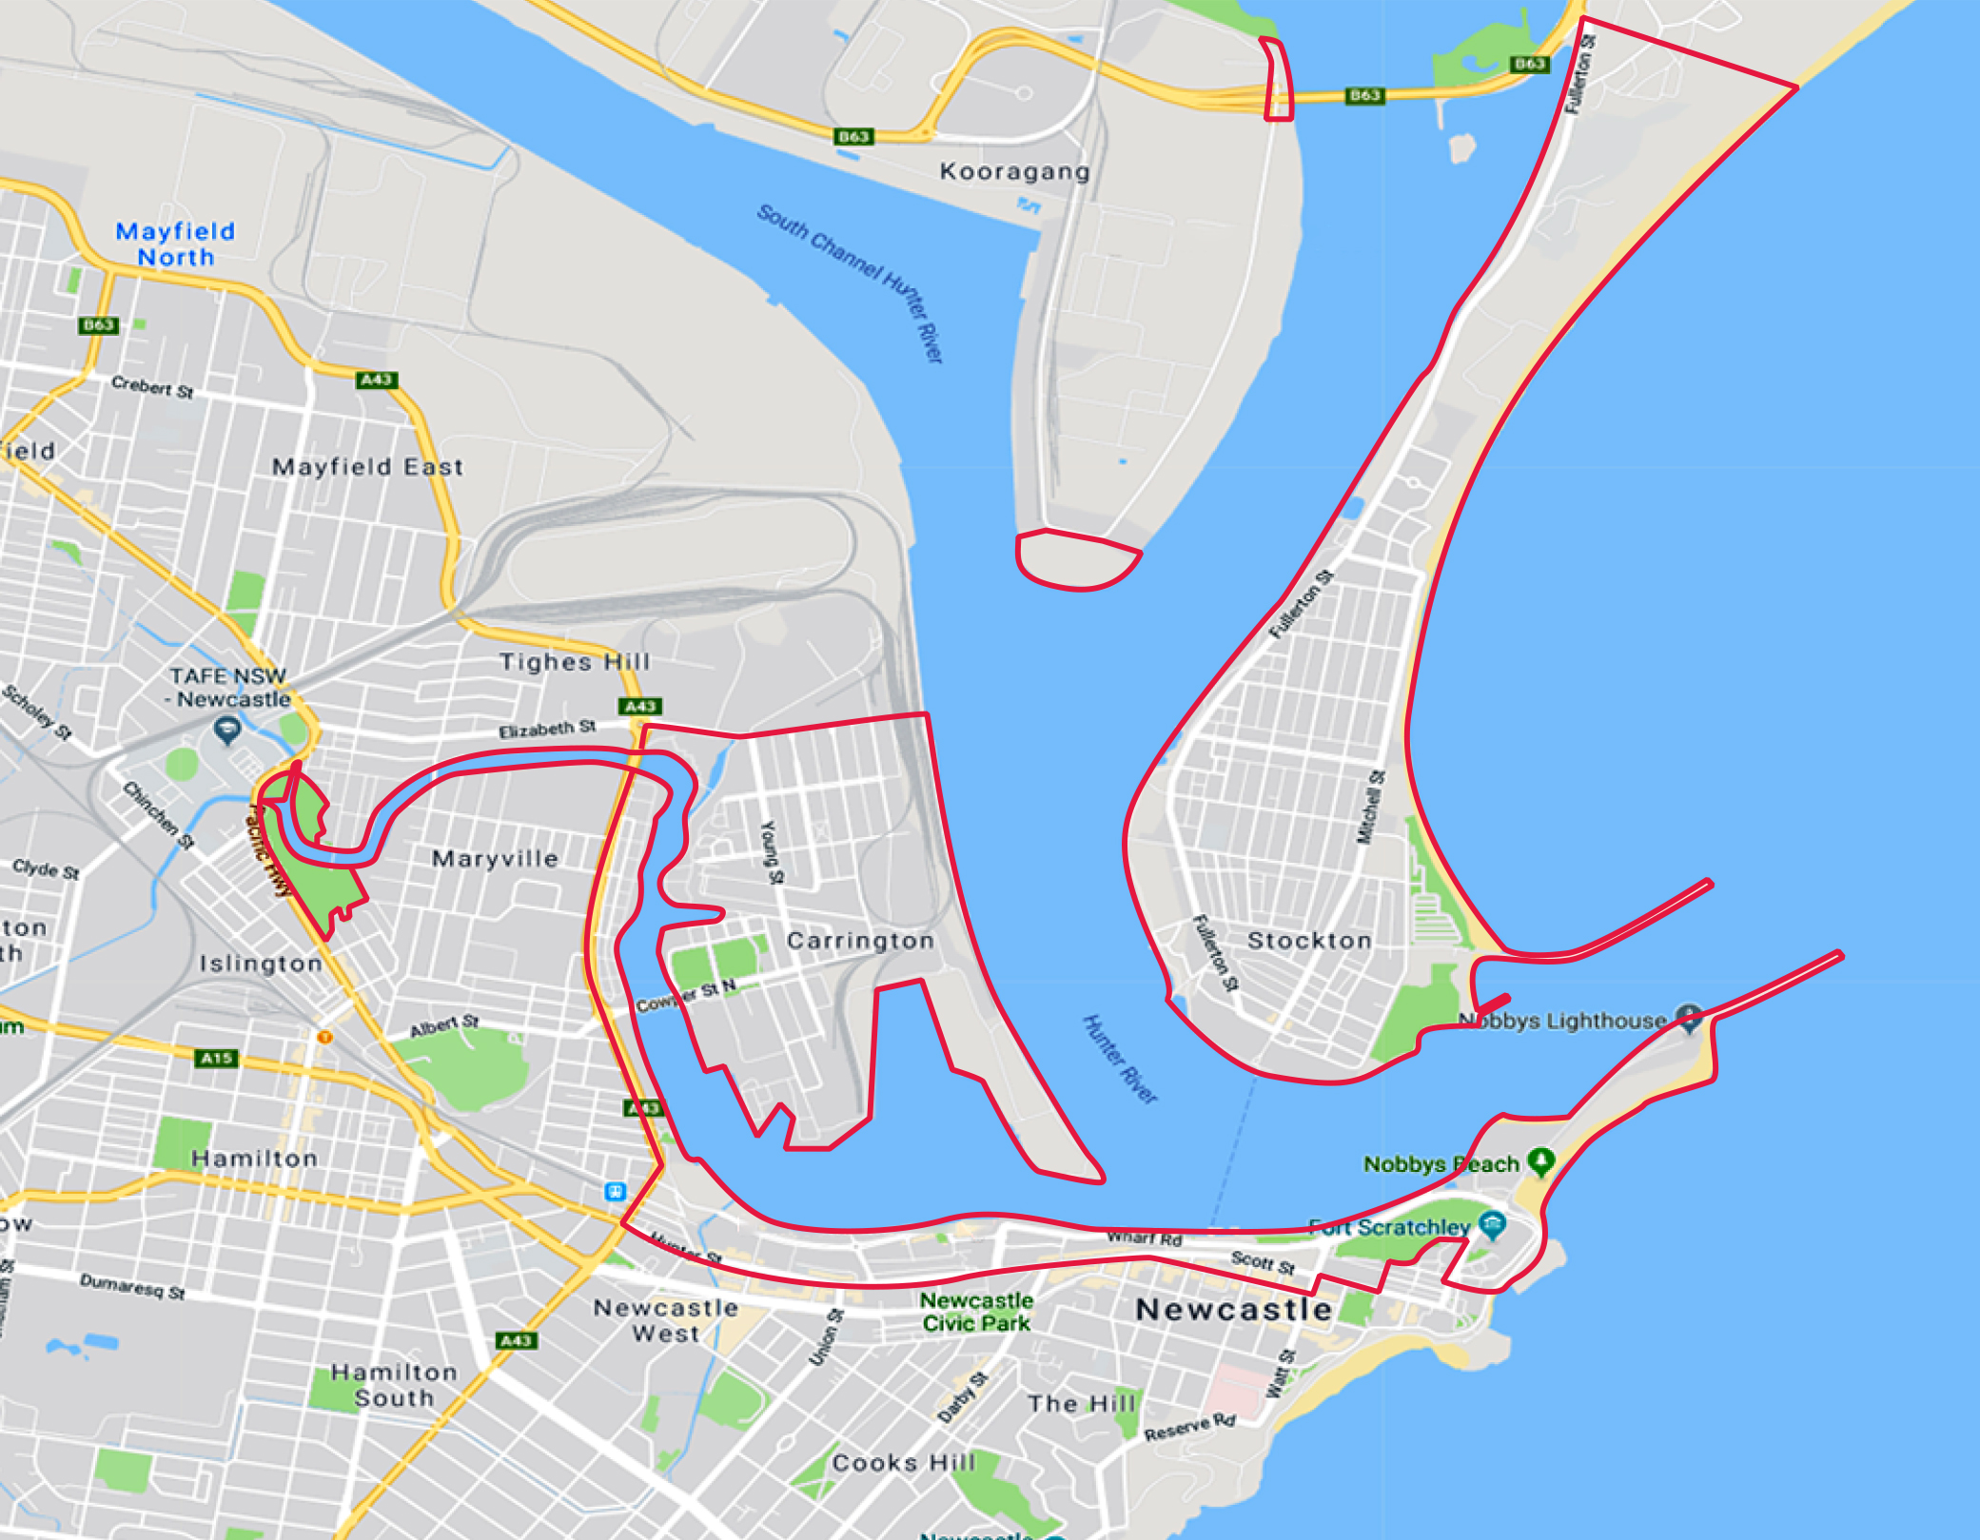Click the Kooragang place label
(1014, 172)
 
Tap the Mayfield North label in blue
(175, 244)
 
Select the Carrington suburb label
(860, 941)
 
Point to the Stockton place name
(1309, 941)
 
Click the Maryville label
(495, 859)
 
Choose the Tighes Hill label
(575, 662)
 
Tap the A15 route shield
(216, 1058)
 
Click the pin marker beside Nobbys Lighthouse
(1689, 1018)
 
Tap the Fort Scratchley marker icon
(1492, 1225)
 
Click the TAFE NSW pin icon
(226, 731)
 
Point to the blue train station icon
(616, 1191)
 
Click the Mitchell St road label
(1370, 807)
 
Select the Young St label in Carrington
(772, 851)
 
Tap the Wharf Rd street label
(1144, 1238)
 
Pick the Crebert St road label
(152, 387)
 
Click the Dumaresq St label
(132, 1286)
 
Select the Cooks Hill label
(903, 1462)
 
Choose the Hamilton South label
(394, 1385)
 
